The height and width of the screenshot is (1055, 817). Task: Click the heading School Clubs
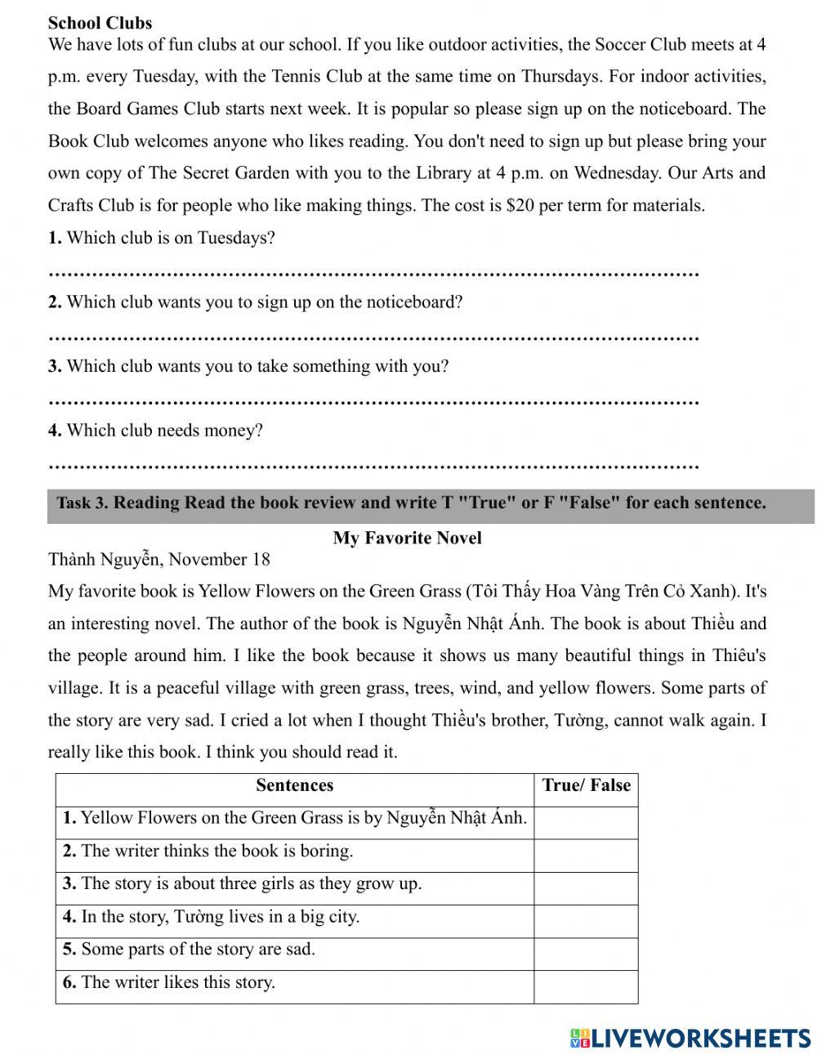click(x=100, y=23)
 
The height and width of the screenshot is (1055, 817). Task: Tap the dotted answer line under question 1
click(x=373, y=273)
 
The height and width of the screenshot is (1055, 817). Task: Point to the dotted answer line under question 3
click(x=373, y=401)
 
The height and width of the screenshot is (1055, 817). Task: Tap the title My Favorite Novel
click(x=407, y=538)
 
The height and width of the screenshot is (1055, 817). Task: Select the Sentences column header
click(x=294, y=786)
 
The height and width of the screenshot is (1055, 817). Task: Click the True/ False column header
click(x=586, y=786)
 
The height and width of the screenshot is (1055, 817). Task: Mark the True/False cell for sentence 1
click(x=586, y=819)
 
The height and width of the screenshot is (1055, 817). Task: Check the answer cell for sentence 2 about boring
click(x=586, y=852)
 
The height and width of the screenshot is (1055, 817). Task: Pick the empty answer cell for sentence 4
click(x=586, y=918)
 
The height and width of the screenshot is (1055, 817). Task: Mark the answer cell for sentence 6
click(x=586, y=983)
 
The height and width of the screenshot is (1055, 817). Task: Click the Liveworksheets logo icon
click(x=579, y=1037)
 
